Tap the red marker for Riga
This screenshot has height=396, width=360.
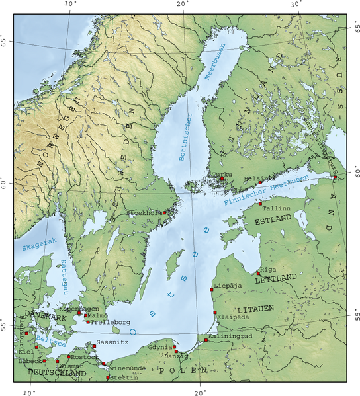click(258, 273)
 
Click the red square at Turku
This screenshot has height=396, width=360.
click(223, 179)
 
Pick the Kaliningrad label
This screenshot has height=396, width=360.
click(230, 336)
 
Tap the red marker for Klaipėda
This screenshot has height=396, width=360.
click(215, 313)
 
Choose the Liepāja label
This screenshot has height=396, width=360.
click(228, 286)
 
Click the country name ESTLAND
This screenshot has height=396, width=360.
click(273, 218)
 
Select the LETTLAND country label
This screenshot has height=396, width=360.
click(275, 279)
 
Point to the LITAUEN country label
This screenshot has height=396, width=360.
click(255, 309)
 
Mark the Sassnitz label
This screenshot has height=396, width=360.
click(109, 342)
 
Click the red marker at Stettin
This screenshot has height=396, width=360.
click(108, 378)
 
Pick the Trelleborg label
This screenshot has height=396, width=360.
click(106, 322)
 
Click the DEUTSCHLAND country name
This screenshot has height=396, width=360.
click(57, 374)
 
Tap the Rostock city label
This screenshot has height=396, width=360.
click(84, 357)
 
